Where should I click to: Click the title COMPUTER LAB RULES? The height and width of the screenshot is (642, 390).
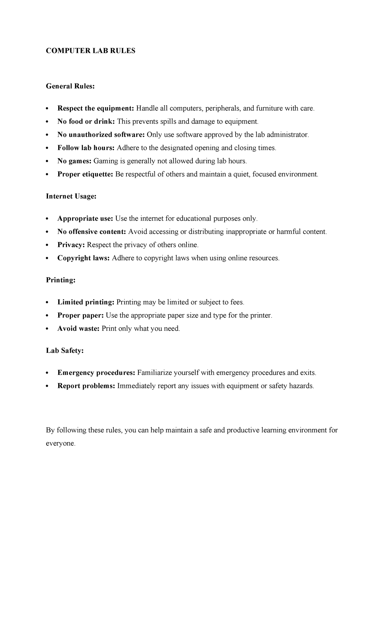click(90, 51)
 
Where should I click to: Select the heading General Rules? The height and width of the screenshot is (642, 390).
click(70, 86)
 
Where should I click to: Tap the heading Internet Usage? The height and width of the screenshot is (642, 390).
click(71, 196)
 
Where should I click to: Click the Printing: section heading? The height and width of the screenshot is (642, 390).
click(61, 280)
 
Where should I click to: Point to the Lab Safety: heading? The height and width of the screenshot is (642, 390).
click(65, 351)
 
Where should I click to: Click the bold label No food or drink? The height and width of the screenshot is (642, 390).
click(86, 122)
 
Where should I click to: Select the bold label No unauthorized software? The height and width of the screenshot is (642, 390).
click(101, 135)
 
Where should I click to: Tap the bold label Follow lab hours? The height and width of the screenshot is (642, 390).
click(86, 148)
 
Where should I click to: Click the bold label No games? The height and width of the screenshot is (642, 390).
click(74, 161)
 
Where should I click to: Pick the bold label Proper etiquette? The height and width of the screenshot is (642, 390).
click(85, 174)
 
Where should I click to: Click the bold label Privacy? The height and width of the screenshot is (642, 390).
click(71, 245)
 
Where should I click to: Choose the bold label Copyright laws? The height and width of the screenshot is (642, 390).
click(84, 258)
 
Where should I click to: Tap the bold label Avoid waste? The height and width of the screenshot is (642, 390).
click(78, 329)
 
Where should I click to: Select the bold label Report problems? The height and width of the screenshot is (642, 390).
click(86, 386)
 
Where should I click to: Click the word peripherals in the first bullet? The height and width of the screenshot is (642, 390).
click(222, 109)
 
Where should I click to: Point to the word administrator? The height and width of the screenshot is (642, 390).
click(287, 135)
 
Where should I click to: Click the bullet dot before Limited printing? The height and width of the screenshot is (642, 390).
click(47, 302)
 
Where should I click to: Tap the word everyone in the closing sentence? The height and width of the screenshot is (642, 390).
click(60, 444)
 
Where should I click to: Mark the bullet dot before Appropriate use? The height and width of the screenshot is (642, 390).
click(47, 219)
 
